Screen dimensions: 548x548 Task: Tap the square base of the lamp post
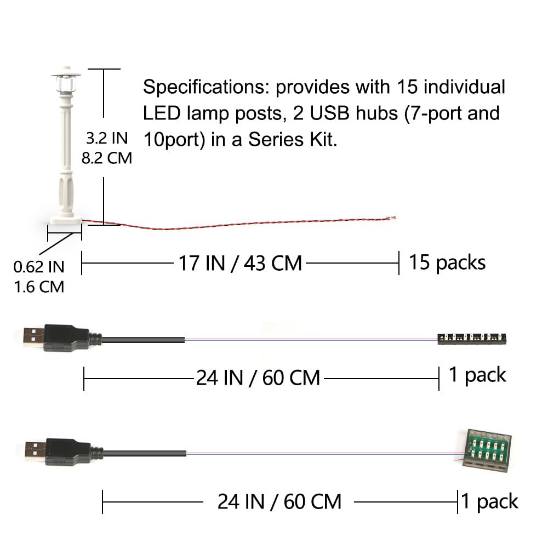tap(66, 220)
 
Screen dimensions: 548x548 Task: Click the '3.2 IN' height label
tap(107, 138)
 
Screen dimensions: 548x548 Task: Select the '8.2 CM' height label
tap(107, 158)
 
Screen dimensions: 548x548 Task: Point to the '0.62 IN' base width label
tap(39, 267)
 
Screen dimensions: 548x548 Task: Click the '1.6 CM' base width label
tap(39, 287)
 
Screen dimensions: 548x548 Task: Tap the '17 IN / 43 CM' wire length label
tap(240, 263)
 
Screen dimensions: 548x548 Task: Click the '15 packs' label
tap(447, 262)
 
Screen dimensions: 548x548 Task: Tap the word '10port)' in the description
tap(174, 140)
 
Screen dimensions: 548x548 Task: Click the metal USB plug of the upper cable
tap(33, 335)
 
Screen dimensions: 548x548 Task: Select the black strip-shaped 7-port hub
tap(472, 338)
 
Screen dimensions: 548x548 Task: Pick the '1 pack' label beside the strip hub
tap(477, 375)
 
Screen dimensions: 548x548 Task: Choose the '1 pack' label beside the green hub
tap(489, 502)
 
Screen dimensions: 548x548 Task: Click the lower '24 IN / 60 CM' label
tap(279, 502)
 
